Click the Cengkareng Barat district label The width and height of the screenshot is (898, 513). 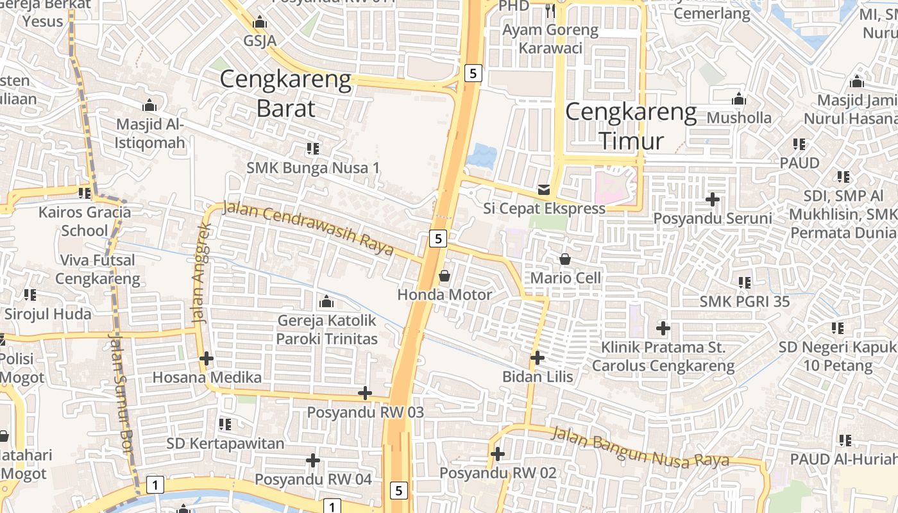point(285,94)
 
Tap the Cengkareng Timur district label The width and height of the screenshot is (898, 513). point(631,126)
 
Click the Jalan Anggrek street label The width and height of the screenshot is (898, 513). point(201,273)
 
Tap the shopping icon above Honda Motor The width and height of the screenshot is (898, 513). point(444,276)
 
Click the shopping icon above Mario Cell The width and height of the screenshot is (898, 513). point(565,259)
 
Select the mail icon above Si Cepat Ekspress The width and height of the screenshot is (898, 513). point(544,190)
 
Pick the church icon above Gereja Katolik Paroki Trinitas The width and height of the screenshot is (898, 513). point(326,301)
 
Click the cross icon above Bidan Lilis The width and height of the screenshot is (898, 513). point(538,358)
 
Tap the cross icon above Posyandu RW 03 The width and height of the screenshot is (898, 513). point(365,393)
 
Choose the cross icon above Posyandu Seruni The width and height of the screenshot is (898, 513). point(712,199)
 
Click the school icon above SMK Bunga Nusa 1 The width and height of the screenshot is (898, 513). point(313,149)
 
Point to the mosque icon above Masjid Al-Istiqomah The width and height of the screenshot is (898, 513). point(149,105)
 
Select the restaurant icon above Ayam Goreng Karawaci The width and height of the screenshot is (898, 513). point(550,10)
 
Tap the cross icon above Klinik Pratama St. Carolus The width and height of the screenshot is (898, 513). point(663,329)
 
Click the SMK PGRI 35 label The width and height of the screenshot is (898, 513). point(744,301)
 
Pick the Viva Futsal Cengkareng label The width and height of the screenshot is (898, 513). point(97,269)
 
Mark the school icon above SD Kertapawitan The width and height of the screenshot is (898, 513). point(224,425)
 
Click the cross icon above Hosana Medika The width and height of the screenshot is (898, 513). point(206,358)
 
